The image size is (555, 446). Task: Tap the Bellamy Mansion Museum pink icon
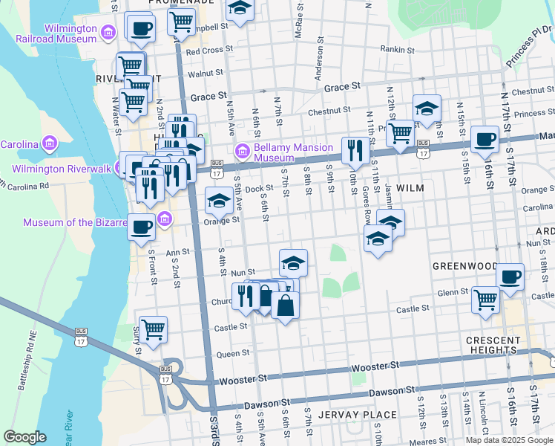pyautogui.click(x=242, y=152)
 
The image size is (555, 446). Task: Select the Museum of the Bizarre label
pyautogui.click(x=74, y=222)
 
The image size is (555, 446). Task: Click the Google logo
pyautogui.click(x=25, y=436)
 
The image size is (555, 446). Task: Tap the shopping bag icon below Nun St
pyautogui.click(x=285, y=305)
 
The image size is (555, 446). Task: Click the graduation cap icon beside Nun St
pyautogui.click(x=293, y=262)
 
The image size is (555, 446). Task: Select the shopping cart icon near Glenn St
pyautogui.click(x=485, y=300)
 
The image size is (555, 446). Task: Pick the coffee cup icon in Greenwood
pyautogui.click(x=510, y=277)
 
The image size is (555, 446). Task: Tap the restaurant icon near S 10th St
pyautogui.click(x=355, y=151)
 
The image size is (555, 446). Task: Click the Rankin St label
pyautogui.click(x=397, y=50)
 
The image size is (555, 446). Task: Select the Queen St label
pyautogui.click(x=231, y=355)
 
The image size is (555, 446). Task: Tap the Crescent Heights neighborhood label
pyautogui.click(x=491, y=345)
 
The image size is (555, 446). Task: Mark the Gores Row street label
pyautogui.click(x=367, y=198)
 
